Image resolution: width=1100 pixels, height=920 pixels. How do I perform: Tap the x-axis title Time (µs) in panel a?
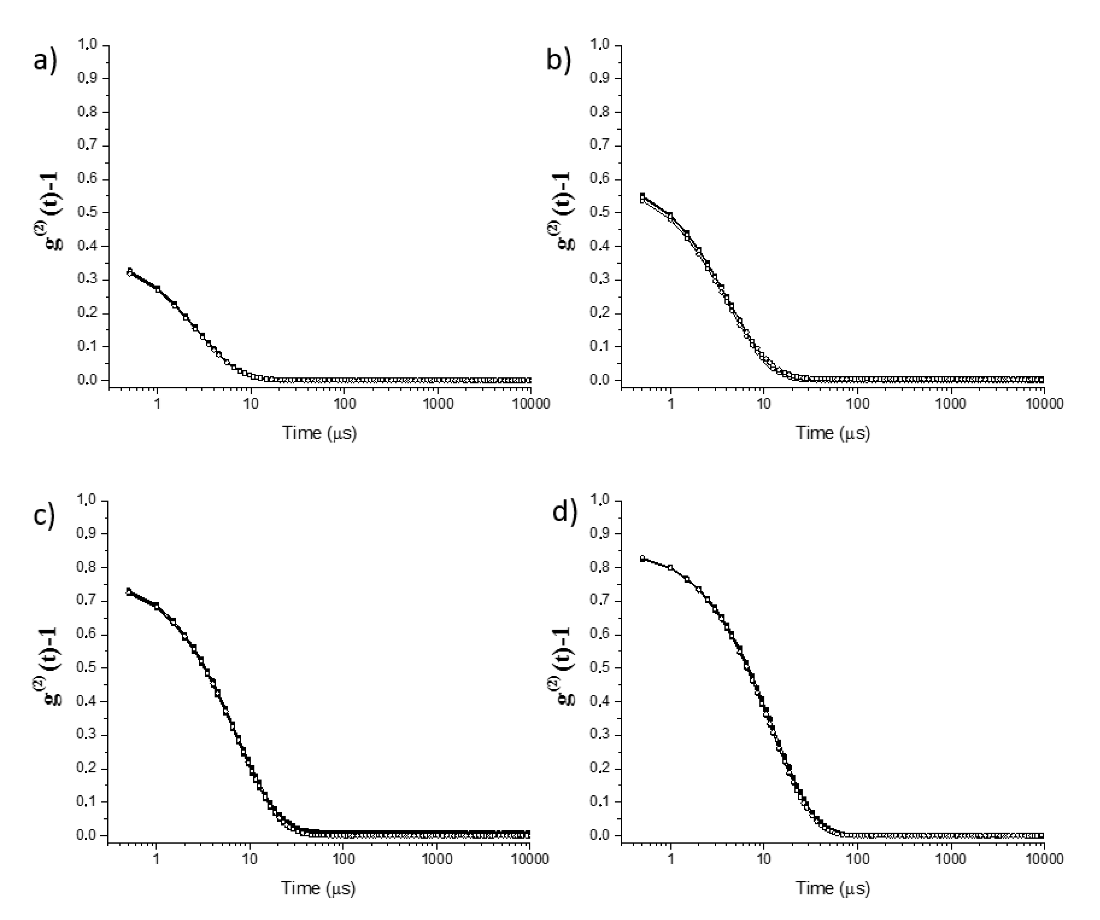point(319,433)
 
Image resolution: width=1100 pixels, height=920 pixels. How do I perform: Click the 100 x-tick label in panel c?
point(343,859)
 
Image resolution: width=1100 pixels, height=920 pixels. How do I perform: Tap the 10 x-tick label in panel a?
point(251,404)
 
